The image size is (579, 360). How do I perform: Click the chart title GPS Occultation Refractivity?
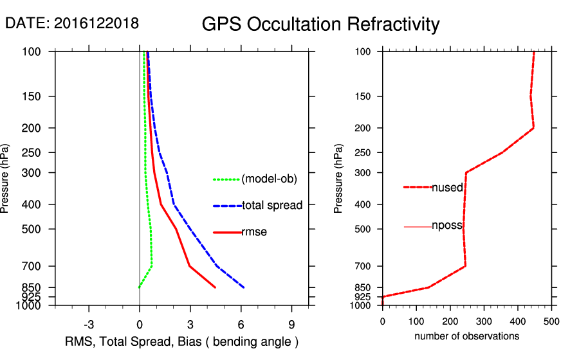coord(320,24)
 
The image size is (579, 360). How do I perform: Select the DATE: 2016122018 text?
coord(71,23)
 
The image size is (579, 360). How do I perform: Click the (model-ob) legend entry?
coord(269,179)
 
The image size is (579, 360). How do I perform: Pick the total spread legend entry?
coord(272,206)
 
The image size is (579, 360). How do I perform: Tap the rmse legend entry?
coord(253,232)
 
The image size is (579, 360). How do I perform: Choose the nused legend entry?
coord(447,187)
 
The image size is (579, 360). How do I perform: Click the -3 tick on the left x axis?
coord(89,324)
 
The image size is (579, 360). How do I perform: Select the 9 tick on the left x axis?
coord(291,324)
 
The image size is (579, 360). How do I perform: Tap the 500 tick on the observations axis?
coord(551,321)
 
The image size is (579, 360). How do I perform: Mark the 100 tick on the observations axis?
coord(416,321)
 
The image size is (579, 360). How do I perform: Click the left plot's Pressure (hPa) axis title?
coord(6,178)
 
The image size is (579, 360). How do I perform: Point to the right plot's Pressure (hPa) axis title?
coord(339,178)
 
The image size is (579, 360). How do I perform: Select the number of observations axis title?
coord(466,336)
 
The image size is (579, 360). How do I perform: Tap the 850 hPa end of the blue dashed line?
coord(244,287)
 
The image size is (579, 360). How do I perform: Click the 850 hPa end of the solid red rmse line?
coord(215,287)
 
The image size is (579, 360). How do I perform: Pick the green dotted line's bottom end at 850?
coord(140,287)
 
